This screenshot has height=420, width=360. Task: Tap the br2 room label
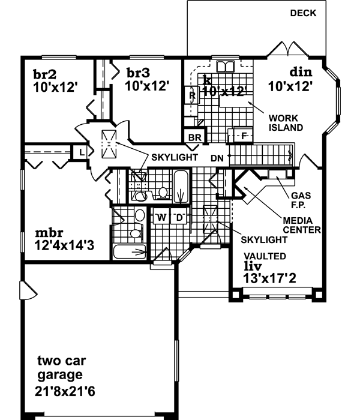click(x=45, y=74)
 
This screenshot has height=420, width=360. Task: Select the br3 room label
click(x=137, y=73)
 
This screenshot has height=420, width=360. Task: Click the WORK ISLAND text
click(x=286, y=123)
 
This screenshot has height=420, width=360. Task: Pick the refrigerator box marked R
click(x=192, y=94)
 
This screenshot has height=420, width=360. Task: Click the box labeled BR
click(x=194, y=137)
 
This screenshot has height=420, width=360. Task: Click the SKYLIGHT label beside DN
click(x=174, y=157)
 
